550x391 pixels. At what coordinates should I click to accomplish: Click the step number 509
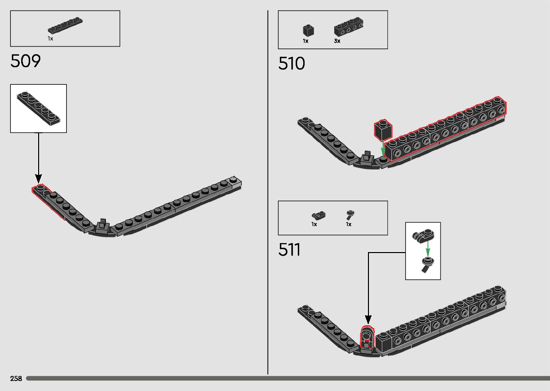click(x=26, y=61)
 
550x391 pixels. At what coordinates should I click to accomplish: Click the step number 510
click(x=291, y=64)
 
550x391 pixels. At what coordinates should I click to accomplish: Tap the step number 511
click(x=289, y=250)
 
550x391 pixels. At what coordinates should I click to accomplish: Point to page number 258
click(x=16, y=378)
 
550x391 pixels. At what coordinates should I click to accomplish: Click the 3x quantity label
click(x=337, y=41)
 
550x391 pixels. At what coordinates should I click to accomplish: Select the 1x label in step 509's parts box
click(x=50, y=38)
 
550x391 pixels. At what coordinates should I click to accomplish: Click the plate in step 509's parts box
click(x=65, y=25)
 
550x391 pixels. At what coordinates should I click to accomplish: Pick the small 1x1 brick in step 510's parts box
click(x=308, y=31)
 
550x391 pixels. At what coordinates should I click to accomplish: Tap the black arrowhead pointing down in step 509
click(x=38, y=178)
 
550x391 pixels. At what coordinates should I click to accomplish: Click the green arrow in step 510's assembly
click(x=383, y=148)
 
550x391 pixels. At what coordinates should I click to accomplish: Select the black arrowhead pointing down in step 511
click(x=368, y=319)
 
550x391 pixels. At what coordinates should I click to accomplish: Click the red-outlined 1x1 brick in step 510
click(x=383, y=130)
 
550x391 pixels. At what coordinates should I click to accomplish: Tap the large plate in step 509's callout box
click(x=38, y=108)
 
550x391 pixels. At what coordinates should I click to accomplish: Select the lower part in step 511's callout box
click(x=427, y=264)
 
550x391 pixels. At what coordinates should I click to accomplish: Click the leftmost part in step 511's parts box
click(x=318, y=215)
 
